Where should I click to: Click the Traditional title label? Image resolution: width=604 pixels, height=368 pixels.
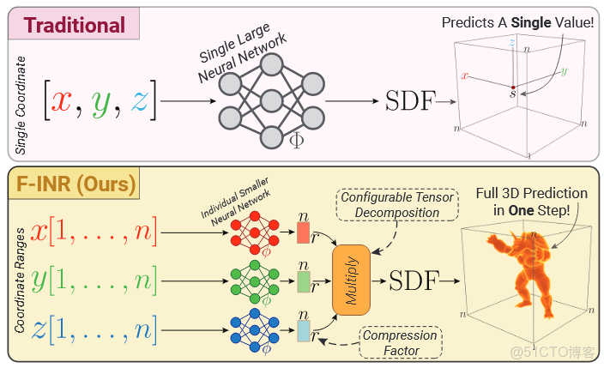point(74,24)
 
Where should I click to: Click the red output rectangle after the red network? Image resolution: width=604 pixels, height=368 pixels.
point(302,232)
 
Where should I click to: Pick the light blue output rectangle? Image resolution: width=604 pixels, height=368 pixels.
point(302,331)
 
